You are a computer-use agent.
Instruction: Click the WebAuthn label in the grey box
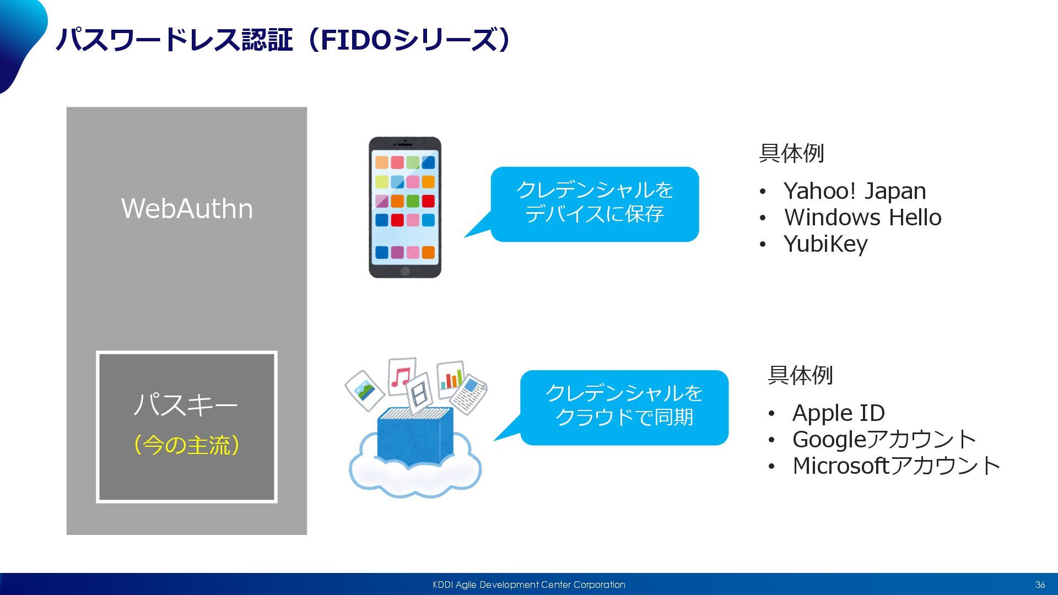[187, 209]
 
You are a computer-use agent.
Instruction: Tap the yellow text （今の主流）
[187, 445]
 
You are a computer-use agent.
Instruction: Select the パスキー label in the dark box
[186, 405]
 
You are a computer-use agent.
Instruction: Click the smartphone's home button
[405, 271]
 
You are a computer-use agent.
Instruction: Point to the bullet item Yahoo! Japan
[854, 191]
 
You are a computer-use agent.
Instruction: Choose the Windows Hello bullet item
[862, 218]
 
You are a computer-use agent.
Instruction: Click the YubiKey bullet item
[825, 244]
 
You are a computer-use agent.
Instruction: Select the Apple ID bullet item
[838, 413]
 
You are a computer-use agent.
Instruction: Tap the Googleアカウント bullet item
[884, 440]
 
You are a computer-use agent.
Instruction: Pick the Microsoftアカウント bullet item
[896, 466]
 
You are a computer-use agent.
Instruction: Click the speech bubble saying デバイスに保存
[595, 204]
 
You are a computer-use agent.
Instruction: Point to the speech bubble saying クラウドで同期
[624, 407]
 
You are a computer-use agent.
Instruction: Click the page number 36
[1040, 585]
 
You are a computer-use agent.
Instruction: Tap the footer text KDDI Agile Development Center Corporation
[528, 585]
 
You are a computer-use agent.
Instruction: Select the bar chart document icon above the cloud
[451, 378]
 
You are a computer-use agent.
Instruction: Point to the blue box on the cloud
[415, 435]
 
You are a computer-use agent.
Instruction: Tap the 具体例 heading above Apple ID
[800, 376]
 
